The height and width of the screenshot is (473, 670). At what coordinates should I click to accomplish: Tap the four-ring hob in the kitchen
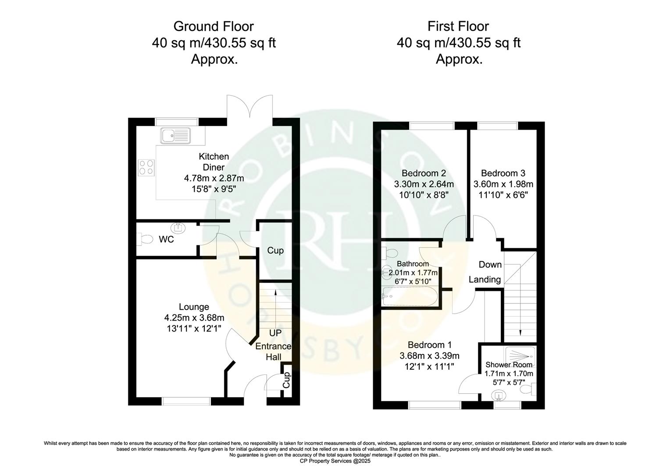click(146, 167)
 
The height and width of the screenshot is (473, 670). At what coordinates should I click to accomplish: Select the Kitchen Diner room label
click(214, 162)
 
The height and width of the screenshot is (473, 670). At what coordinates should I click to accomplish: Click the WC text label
click(167, 240)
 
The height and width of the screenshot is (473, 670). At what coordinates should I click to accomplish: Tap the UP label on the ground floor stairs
click(275, 333)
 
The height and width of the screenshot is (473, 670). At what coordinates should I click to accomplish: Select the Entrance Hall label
click(274, 351)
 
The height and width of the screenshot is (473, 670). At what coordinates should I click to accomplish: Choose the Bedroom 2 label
click(424, 173)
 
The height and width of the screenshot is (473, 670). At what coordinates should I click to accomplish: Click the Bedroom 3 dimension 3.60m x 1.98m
click(503, 184)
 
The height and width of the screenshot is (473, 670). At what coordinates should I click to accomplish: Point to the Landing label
click(485, 279)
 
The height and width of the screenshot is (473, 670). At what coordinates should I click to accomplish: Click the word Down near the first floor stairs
click(490, 265)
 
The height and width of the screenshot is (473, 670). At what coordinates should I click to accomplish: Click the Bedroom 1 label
click(429, 345)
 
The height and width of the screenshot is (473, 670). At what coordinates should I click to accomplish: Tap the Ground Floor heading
click(214, 26)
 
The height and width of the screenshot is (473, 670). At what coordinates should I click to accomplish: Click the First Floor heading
click(458, 26)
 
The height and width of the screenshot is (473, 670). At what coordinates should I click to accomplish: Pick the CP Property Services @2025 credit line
click(335, 461)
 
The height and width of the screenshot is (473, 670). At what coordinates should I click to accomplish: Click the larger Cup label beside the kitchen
click(275, 251)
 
